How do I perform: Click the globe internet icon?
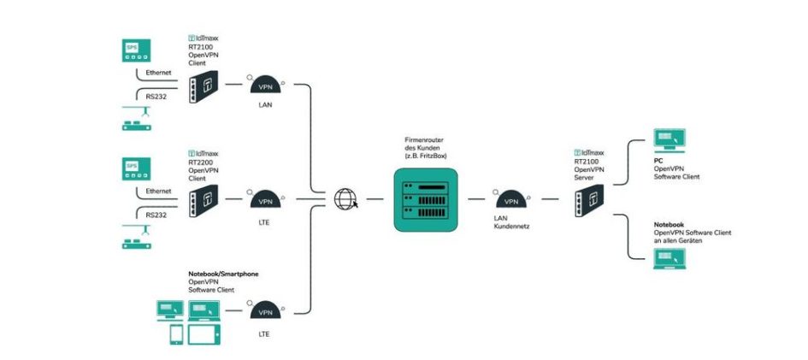tap(345, 199)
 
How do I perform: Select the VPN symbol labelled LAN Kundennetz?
tap(511, 199)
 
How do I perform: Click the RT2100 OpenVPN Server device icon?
tap(587, 199)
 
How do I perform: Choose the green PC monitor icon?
tap(669, 139)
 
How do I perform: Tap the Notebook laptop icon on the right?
tap(669, 257)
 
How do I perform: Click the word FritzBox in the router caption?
tap(433, 154)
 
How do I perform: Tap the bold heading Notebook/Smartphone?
tap(223, 274)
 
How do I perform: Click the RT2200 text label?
tap(201, 162)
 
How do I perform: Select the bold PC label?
tap(658, 160)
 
